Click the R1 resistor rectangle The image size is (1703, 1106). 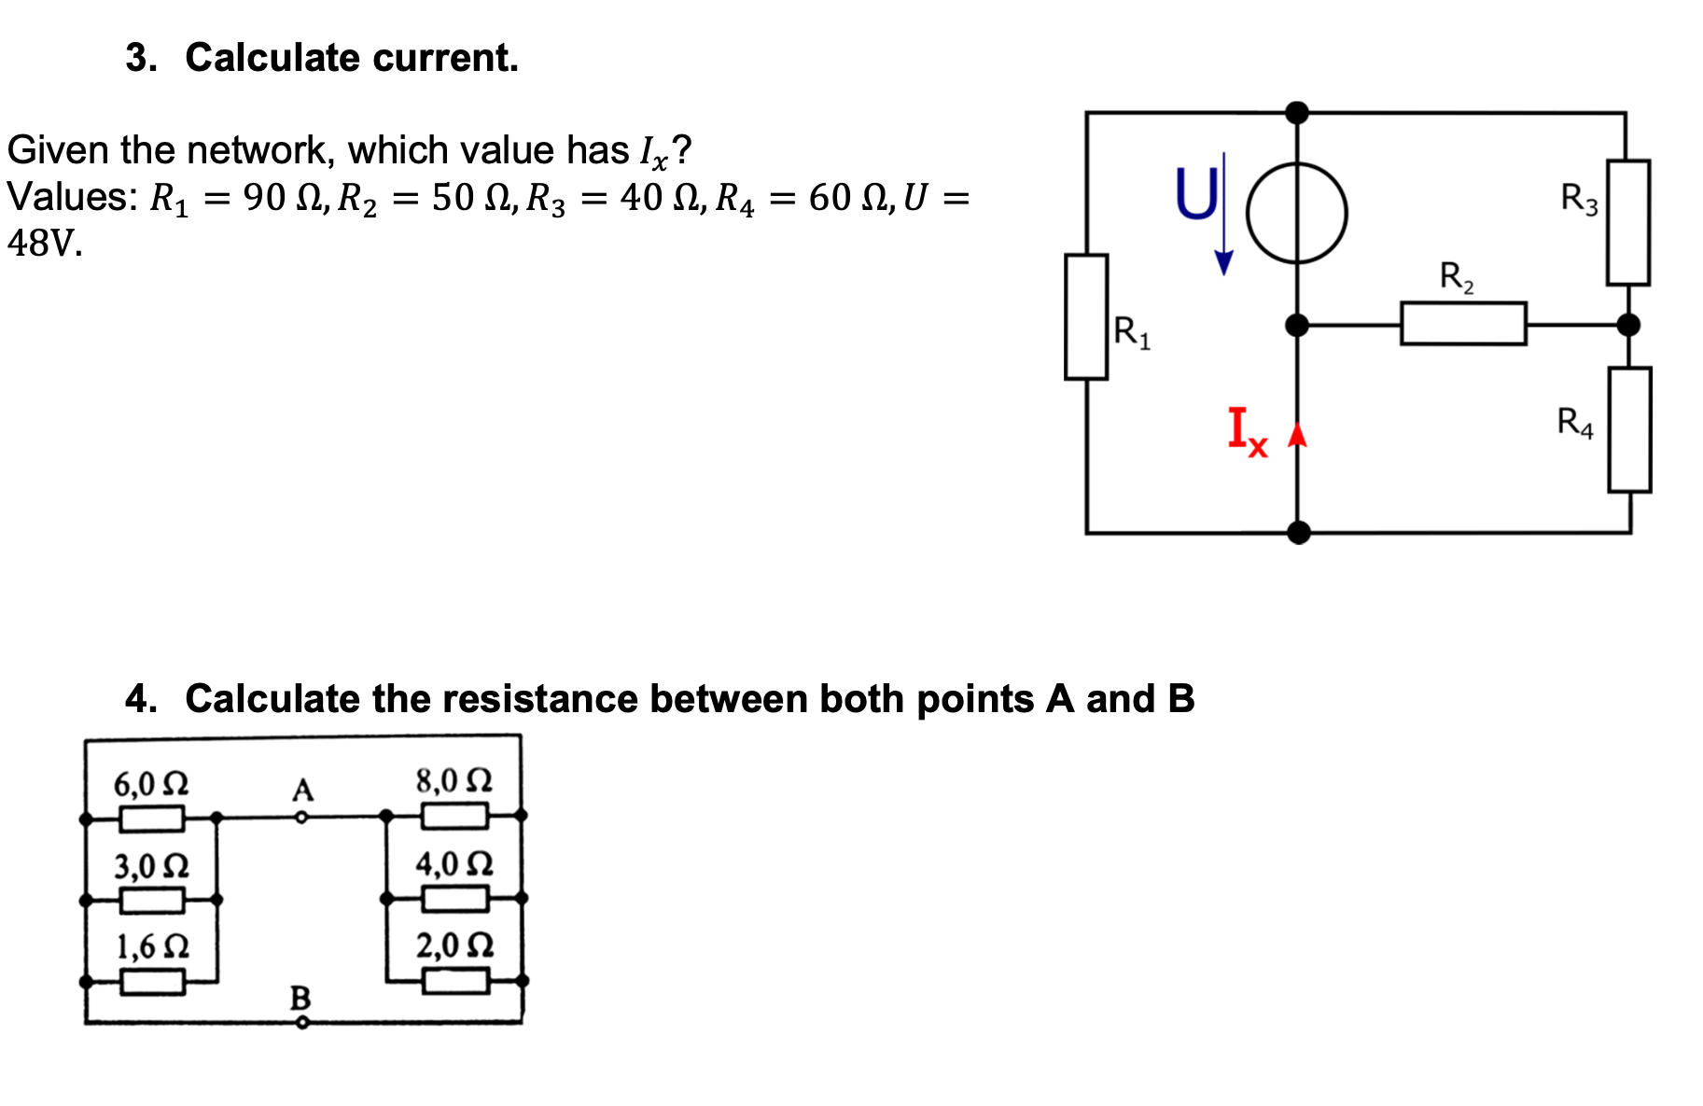point(1086,316)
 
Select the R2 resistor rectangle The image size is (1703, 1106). point(1463,324)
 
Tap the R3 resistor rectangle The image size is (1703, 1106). point(1627,222)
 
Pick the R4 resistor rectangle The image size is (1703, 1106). point(1629,429)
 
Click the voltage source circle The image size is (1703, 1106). point(1297,213)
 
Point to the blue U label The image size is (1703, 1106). point(1196,194)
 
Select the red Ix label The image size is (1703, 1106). point(1247,430)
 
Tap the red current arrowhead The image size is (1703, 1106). point(1297,434)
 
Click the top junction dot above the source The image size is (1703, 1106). point(1297,113)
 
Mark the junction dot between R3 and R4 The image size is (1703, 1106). point(1628,325)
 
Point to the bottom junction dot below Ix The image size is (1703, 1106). point(1298,533)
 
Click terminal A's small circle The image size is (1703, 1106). point(301,818)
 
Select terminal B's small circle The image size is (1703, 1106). point(301,1023)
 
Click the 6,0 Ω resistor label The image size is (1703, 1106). point(151,783)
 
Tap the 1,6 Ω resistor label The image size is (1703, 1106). point(152,946)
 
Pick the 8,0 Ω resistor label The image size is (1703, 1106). point(454,779)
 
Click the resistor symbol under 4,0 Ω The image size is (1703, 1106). point(455,899)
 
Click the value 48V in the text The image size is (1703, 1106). point(45,243)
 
